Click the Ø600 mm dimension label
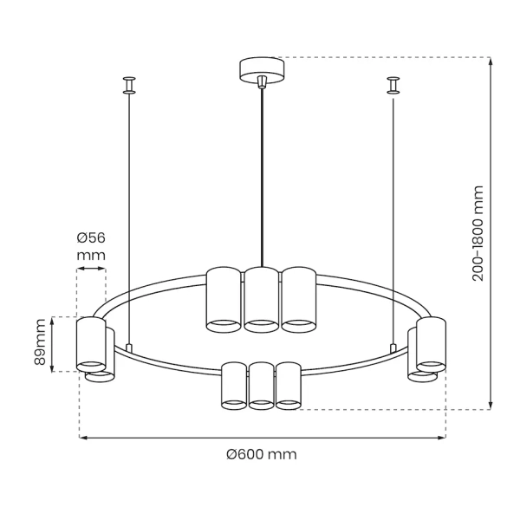tap(261, 454)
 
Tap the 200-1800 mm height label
tap(478, 234)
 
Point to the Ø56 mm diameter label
tap(90, 246)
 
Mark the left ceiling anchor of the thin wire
tap(128, 84)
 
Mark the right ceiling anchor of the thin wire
tap(393, 84)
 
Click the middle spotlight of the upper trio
tap(261, 300)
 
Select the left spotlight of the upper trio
tap(223, 299)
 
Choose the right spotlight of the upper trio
tap(298, 299)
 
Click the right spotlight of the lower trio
tap(288, 385)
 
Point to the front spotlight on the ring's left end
tap(89, 345)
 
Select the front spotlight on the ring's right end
tap(431, 345)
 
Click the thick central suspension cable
tap(261, 173)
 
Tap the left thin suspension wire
tap(128, 217)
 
